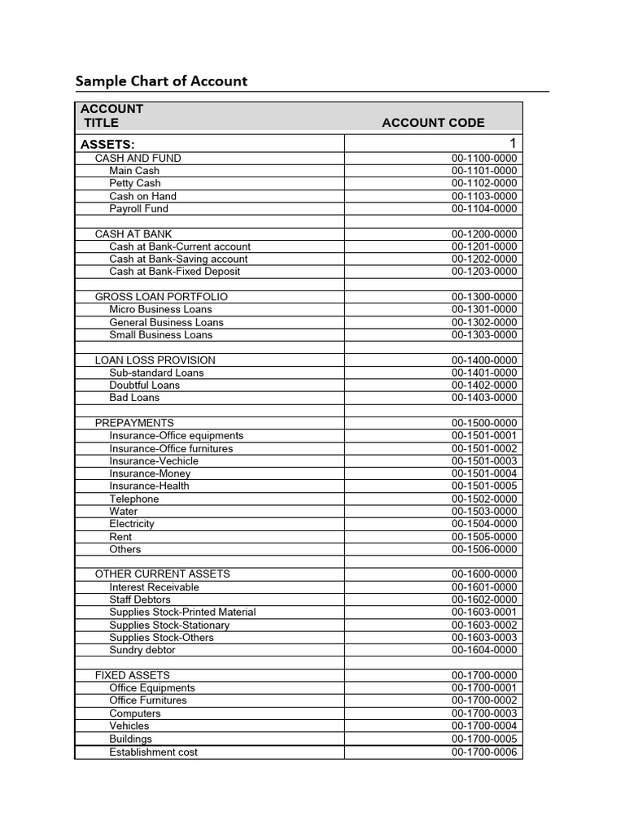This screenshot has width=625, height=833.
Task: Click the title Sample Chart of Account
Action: click(161, 81)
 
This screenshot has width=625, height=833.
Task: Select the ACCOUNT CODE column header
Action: click(433, 123)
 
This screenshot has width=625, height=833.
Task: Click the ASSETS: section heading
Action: click(107, 144)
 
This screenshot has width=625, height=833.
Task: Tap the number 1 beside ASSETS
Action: click(513, 144)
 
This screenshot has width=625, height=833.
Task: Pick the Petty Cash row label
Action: click(135, 183)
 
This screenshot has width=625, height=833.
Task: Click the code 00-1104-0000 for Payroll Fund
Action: click(484, 208)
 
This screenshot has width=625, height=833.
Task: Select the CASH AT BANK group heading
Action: click(133, 233)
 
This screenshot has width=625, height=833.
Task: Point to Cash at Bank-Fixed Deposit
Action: click(175, 271)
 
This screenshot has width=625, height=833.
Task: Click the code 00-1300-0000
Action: click(484, 297)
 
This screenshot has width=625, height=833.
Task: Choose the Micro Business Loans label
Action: click(160, 309)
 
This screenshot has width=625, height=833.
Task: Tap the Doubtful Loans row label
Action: click(145, 385)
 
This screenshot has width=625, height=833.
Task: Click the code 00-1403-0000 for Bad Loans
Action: click(484, 398)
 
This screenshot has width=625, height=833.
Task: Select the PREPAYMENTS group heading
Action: click(134, 423)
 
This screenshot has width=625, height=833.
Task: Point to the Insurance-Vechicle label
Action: click(154, 460)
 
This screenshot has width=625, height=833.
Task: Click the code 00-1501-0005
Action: click(484, 486)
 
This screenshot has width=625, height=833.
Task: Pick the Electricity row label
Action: click(132, 524)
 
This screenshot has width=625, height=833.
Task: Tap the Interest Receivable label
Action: click(154, 587)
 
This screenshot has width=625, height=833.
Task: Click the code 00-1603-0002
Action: click(484, 625)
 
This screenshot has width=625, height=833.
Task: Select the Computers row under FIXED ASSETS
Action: click(135, 713)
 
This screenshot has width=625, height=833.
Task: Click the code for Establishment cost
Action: click(484, 752)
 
